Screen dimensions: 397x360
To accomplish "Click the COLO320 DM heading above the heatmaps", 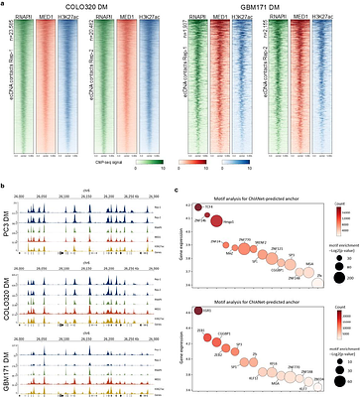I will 95,9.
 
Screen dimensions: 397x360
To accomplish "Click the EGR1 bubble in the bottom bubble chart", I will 200,311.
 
